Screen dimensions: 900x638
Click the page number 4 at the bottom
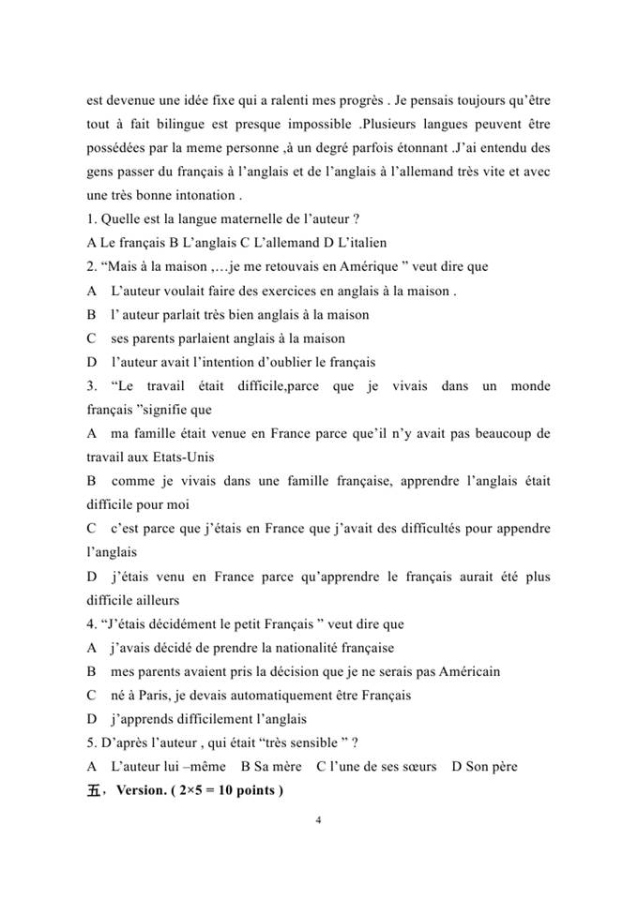point(319,821)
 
